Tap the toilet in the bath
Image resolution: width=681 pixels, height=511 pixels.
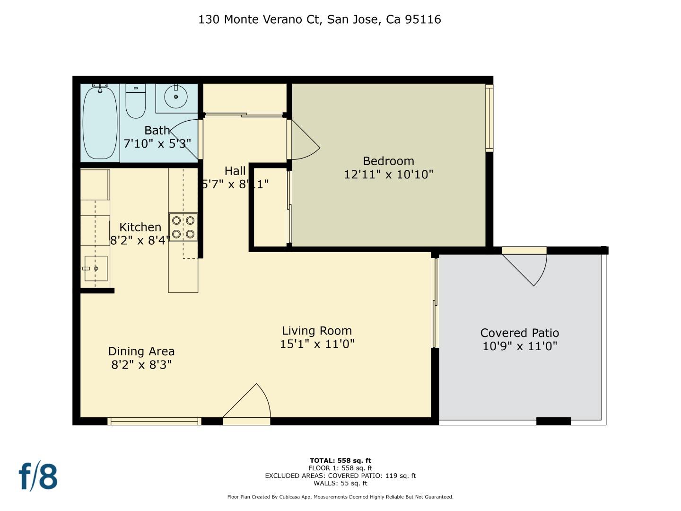[x=136, y=102]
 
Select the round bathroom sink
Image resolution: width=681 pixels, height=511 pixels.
[x=176, y=97]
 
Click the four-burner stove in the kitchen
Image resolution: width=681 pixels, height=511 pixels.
[x=183, y=227]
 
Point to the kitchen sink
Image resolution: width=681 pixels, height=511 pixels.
[x=96, y=268]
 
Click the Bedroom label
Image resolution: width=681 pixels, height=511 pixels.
[x=388, y=161]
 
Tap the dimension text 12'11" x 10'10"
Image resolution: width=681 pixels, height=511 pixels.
[x=388, y=175]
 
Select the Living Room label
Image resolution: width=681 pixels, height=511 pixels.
[x=317, y=331]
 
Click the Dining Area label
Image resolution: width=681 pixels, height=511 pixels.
[x=141, y=352]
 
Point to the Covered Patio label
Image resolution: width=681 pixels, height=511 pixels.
[x=519, y=333]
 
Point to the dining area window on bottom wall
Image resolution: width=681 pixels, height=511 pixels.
[x=155, y=421]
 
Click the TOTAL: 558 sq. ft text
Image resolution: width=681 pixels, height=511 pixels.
[x=340, y=460]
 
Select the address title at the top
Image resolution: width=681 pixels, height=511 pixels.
[x=320, y=19]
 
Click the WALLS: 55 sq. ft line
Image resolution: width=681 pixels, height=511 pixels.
[x=340, y=483]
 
